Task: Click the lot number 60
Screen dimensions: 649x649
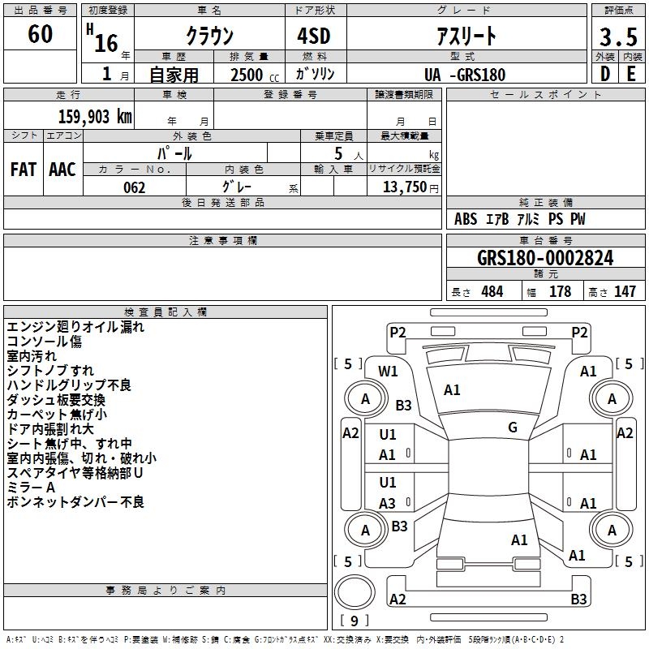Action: pyautogui.click(x=40, y=34)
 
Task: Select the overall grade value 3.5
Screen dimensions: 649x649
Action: pyautogui.click(x=618, y=37)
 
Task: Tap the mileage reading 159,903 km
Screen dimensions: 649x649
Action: pyautogui.click(x=95, y=116)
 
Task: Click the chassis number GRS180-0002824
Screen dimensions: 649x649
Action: pyautogui.click(x=545, y=258)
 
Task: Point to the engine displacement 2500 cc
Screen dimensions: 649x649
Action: pyautogui.click(x=255, y=75)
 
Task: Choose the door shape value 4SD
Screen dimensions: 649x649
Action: pyautogui.click(x=314, y=36)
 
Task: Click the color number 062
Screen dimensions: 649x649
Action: pyautogui.click(x=135, y=187)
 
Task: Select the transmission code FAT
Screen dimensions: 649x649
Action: pyautogui.click(x=24, y=170)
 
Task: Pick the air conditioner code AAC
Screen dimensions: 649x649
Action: pyautogui.click(x=62, y=170)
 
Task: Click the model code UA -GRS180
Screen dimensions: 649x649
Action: pyautogui.click(x=465, y=75)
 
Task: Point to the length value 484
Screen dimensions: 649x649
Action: pyautogui.click(x=492, y=291)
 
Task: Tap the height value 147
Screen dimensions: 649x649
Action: pyautogui.click(x=625, y=291)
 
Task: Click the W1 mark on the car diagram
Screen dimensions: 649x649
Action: pyautogui.click(x=388, y=372)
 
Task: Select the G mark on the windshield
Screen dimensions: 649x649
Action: pyautogui.click(x=513, y=428)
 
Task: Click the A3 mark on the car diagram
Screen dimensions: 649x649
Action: pyautogui.click(x=387, y=503)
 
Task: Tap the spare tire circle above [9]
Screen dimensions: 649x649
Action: pyautogui.click(x=355, y=592)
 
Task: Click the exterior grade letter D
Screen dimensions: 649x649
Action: pyautogui.click(x=605, y=74)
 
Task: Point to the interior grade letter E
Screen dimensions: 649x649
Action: pyautogui.click(x=631, y=74)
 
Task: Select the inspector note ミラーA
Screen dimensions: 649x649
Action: pyautogui.click(x=31, y=488)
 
